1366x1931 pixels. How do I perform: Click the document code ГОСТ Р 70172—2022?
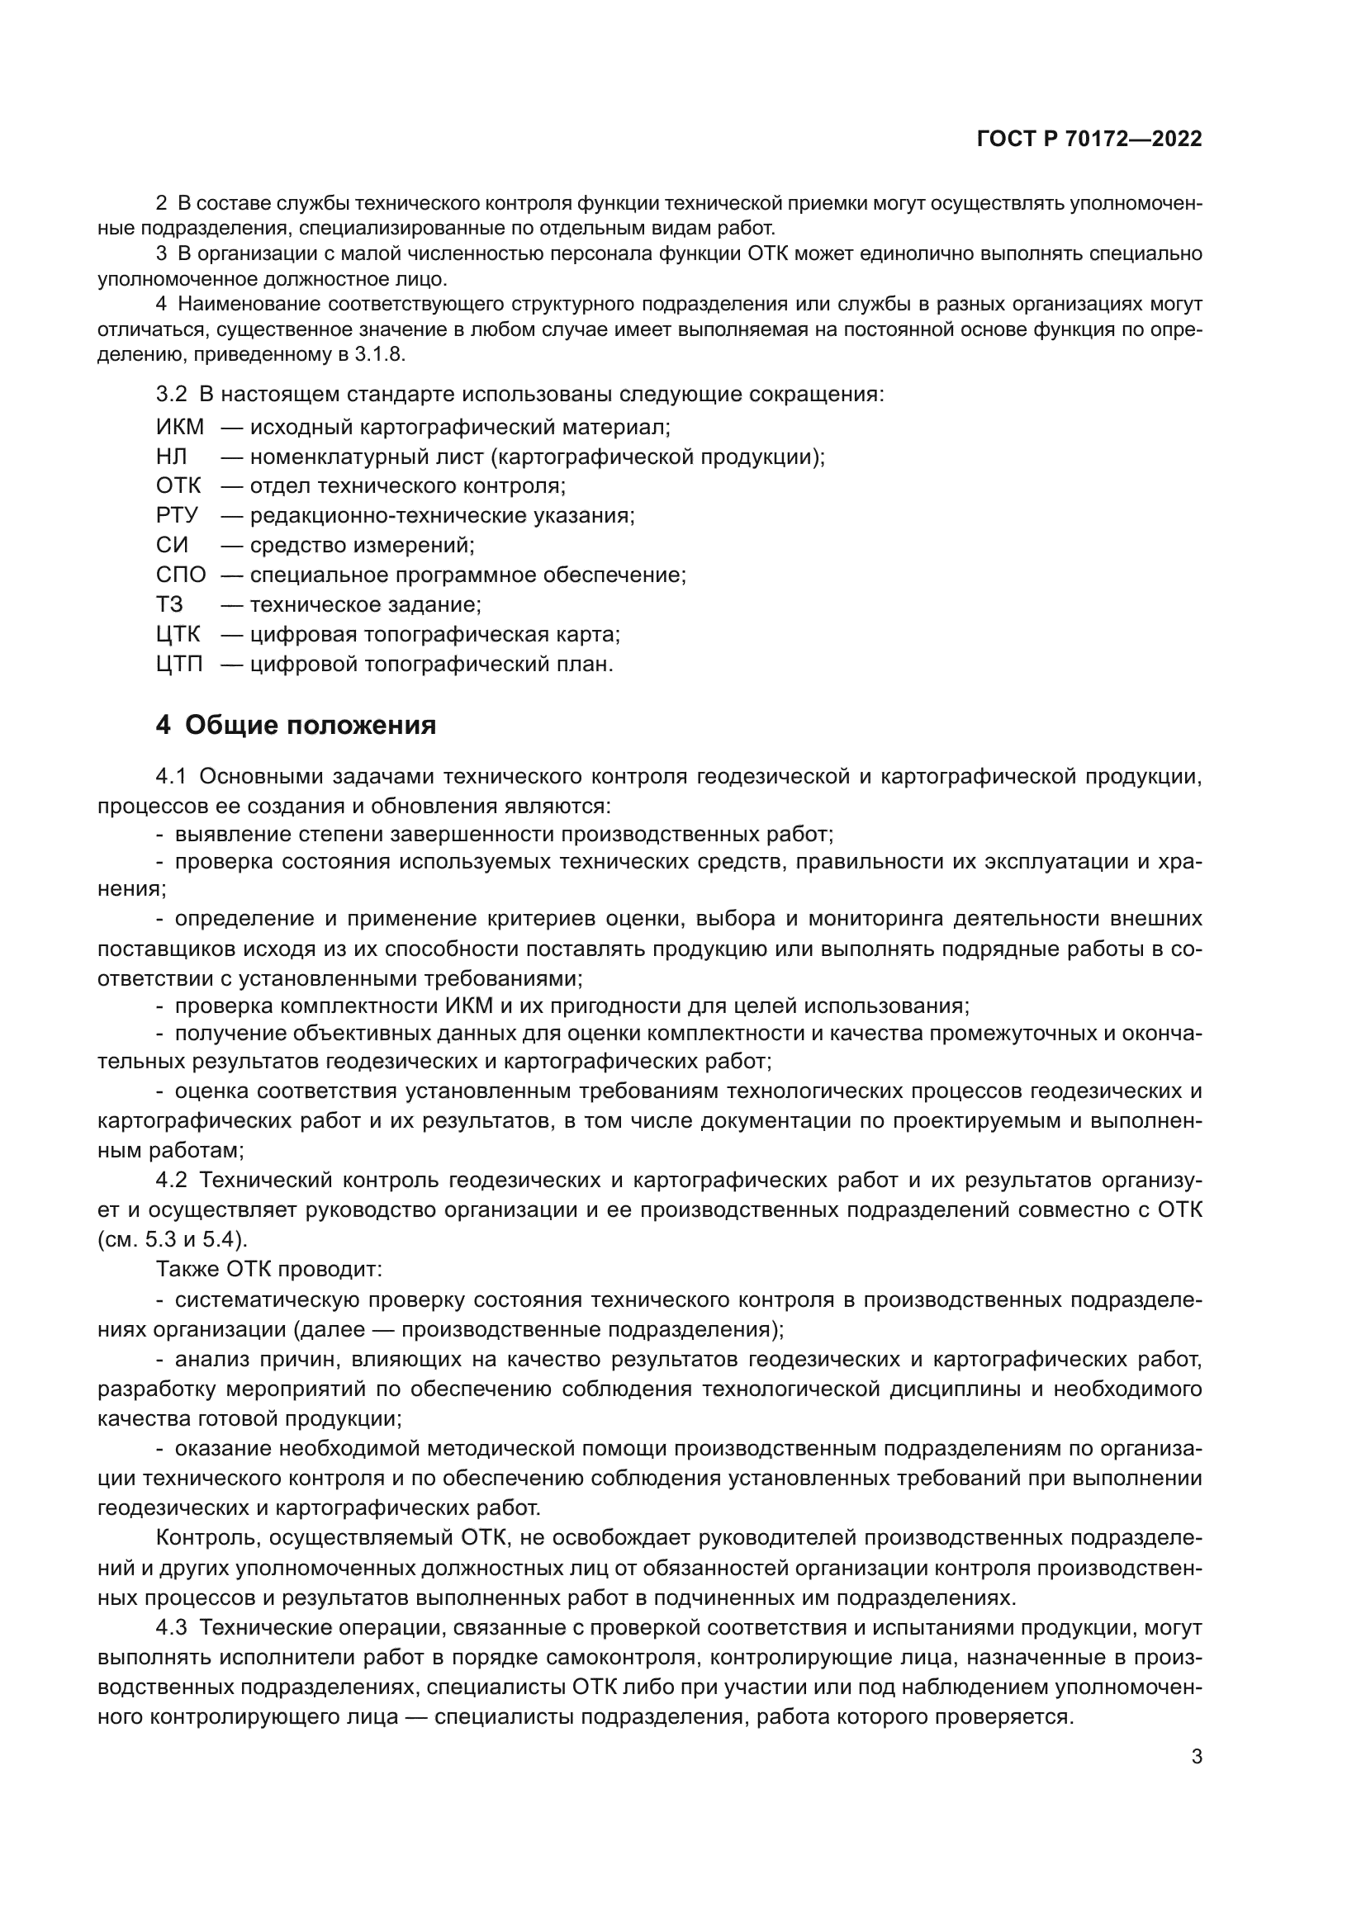[1089, 140]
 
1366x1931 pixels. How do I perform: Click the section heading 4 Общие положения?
[296, 725]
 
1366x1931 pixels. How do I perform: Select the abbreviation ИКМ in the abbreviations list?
[180, 428]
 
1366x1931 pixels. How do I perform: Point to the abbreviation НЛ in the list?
[172, 457]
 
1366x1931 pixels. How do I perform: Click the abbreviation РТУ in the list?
[177, 515]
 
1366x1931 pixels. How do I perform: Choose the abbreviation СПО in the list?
[181, 575]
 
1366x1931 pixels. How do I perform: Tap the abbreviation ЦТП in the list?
[179, 665]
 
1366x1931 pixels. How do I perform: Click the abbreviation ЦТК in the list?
[178, 634]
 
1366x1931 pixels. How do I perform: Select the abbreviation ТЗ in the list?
[170, 604]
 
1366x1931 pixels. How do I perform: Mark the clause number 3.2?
[172, 394]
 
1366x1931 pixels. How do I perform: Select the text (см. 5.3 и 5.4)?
[173, 1240]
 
